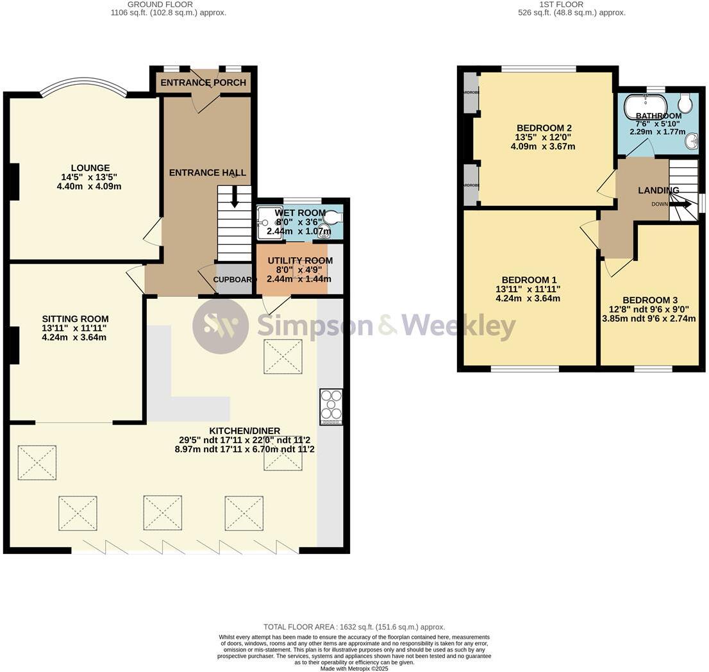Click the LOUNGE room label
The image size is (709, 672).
click(x=90, y=168)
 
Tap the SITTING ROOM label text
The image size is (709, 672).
click(x=75, y=319)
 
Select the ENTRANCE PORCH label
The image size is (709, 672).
click(x=203, y=83)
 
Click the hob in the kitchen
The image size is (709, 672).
click(x=331, y=407)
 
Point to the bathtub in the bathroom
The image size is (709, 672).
click(x=647, y=103)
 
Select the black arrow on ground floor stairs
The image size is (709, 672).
click(x=235, y=196)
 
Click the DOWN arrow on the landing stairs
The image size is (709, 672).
click(x=680, y=204)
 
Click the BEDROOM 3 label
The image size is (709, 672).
click(x=649, y=300)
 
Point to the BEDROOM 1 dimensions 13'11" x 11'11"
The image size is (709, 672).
click(x=528, y=289)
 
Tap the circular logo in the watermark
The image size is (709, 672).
click(x=221, y=326)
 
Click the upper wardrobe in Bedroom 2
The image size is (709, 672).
click(x=471, y=92)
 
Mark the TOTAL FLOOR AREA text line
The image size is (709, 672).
click(x=354, y=627)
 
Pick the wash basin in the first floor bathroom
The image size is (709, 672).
click(x=690, y=142)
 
